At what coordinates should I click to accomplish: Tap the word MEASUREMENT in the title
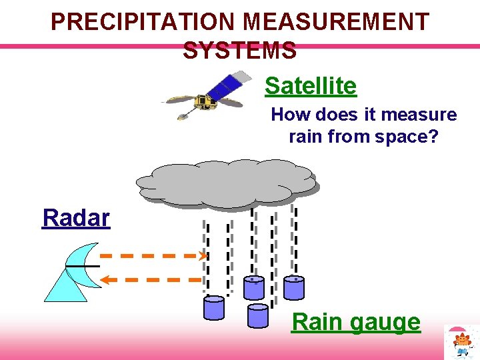point(337,22)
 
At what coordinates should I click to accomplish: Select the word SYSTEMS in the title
point(239,51)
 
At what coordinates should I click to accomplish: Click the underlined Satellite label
point(310,85)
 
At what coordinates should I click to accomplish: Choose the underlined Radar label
point(76,217)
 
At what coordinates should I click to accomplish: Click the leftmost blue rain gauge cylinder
point(214,307)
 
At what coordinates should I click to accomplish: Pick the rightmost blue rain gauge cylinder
point(294,287)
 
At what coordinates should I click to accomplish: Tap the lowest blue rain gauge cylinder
point(257,315)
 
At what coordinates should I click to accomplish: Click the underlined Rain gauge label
point(356,322)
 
